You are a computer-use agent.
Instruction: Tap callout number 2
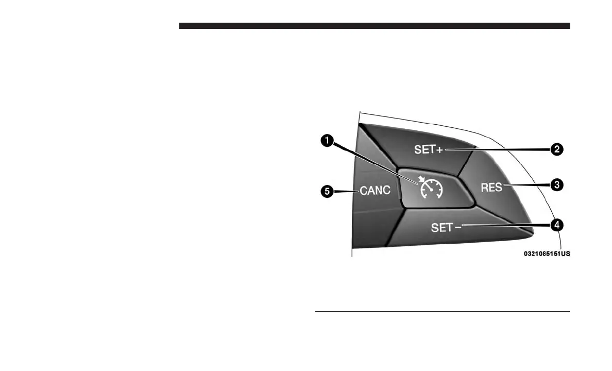(x=556, y=149)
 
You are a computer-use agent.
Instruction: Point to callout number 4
(x=556, y=225)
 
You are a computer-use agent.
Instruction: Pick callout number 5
(x=326, y=191)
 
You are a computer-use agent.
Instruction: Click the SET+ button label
(x=429, y=150)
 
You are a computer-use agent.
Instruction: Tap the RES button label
(x=491, y=188)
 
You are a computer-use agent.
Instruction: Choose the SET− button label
(x=446, y=227)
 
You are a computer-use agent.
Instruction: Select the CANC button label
(x=375, y=191)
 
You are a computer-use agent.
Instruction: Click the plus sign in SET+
(x=440, y=150)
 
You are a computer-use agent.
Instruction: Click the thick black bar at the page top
(x=375, y=26)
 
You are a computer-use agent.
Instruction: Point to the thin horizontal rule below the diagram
(x=442, y=311)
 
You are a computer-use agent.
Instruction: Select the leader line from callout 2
(x=500, y=149)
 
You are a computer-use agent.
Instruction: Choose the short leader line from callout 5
(x=346, y=191)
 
